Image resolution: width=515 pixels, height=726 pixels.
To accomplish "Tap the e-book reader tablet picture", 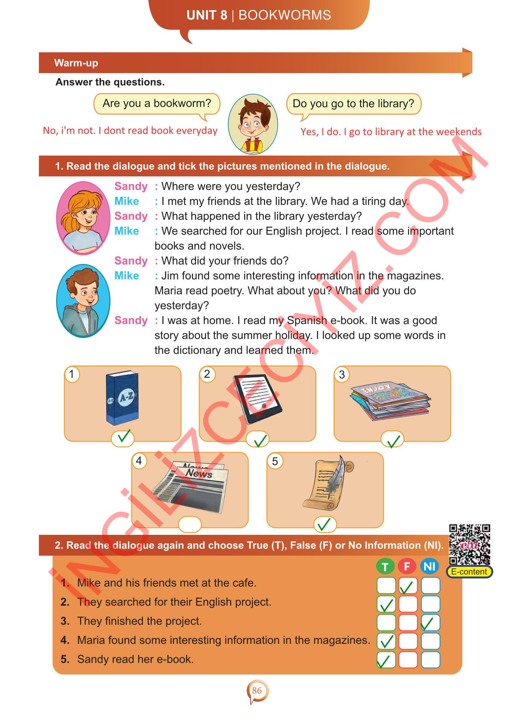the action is [x=258, y=399].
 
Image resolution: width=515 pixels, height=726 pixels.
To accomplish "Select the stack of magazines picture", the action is [x=390, y=401].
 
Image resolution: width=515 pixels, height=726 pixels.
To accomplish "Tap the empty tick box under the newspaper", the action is [x=190, y=524].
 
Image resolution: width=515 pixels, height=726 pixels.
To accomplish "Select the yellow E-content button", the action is [x=469, y=572].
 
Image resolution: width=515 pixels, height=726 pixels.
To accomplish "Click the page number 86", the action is [x=257, y=690].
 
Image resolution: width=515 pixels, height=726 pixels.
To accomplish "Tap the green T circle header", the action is [x=385, y=567].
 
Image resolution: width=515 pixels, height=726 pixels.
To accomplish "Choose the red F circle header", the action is [x=407, y=566].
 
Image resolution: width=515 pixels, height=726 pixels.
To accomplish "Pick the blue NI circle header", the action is [x=430, y=566].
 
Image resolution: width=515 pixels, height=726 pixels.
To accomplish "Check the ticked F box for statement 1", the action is [x=408, y=585].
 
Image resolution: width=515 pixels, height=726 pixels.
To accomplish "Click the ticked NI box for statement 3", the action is [x=430, y=623].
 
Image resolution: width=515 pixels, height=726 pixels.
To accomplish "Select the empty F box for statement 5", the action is [x=408, y=660].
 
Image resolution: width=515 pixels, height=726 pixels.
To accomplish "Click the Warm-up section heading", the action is [x=76, y=63].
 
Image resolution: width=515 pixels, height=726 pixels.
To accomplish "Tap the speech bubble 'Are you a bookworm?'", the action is [x=157, y=105].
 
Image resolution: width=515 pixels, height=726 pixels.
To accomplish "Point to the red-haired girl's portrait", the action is [x=83, y=218].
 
